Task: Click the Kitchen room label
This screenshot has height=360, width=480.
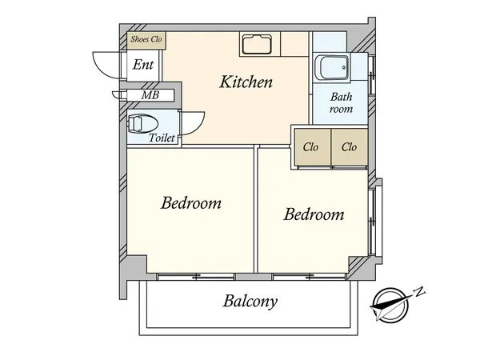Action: pyautogui.click(x=246, y=82)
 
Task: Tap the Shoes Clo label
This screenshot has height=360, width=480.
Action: pyautogui.click(x=146, y=39)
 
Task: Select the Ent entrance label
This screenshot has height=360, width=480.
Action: pyautogui.click(x=143, y=65)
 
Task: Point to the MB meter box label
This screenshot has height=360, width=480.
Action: pyautogui.click(x=150, y=95)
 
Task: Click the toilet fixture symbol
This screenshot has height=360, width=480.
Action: pyautogui.click(x=142, y=124)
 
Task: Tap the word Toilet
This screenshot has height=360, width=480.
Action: pyautogui.click(x=162, y=138)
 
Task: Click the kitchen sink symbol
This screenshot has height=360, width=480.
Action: pyautogui.click(x=257, y=44)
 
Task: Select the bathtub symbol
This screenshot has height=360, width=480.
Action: pyautogui.click(x=334, y=68)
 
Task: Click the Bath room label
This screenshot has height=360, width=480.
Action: pyautogui.click(x=341, y=103)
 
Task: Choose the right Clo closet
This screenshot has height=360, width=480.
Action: pyautogui.click(x=350, y=147)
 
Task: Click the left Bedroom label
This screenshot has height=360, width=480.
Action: pyautogui.click(x=191, y=203)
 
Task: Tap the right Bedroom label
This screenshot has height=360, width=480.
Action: pyautogui.click(x=314, y=214)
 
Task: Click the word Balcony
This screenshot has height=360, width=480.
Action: pyautogui.click(x=250, y=302)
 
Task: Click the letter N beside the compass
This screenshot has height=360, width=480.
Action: pyautogui.click(x=419, y=291)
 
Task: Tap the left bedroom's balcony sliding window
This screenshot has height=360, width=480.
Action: pyautogui.click(x=196, y=277)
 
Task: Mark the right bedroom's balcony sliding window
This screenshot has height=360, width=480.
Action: pyautogui.click(x=309, y=277)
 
